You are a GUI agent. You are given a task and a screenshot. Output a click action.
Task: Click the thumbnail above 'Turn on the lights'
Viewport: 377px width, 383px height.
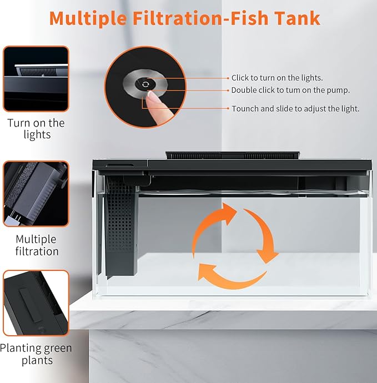(36, 79)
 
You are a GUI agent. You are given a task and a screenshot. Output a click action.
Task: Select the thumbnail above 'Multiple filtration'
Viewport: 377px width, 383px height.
(36, 194)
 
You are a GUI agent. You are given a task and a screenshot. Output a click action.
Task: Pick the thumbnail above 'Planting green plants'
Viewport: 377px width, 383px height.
(36, 303)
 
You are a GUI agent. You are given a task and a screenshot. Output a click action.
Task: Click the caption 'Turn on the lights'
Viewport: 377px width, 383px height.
(36, 129)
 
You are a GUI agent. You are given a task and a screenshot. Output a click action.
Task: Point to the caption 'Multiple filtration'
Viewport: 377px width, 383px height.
(37, 245)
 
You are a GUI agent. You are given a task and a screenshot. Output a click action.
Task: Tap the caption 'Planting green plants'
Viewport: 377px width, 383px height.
(36, 354)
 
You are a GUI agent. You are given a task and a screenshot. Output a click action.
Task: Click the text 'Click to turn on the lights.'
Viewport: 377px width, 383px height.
(277, 78)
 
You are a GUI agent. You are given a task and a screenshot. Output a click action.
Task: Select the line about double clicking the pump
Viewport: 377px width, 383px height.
(290, 90)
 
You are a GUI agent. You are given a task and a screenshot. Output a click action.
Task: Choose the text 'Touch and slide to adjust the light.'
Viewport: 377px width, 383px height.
(295, 109)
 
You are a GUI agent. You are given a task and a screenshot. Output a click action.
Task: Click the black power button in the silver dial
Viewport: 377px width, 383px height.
(145, 84)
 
